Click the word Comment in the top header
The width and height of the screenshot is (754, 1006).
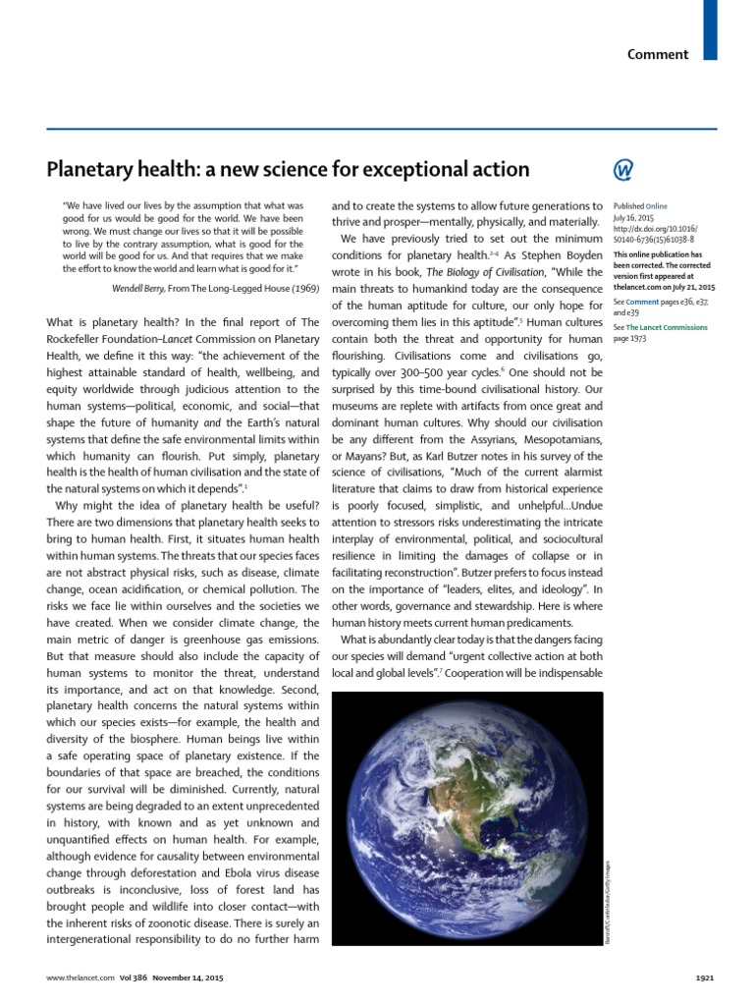coord(658,54)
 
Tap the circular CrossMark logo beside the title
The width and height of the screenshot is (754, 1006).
coord(623,170)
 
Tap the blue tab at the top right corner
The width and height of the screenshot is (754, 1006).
coord(710,29)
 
